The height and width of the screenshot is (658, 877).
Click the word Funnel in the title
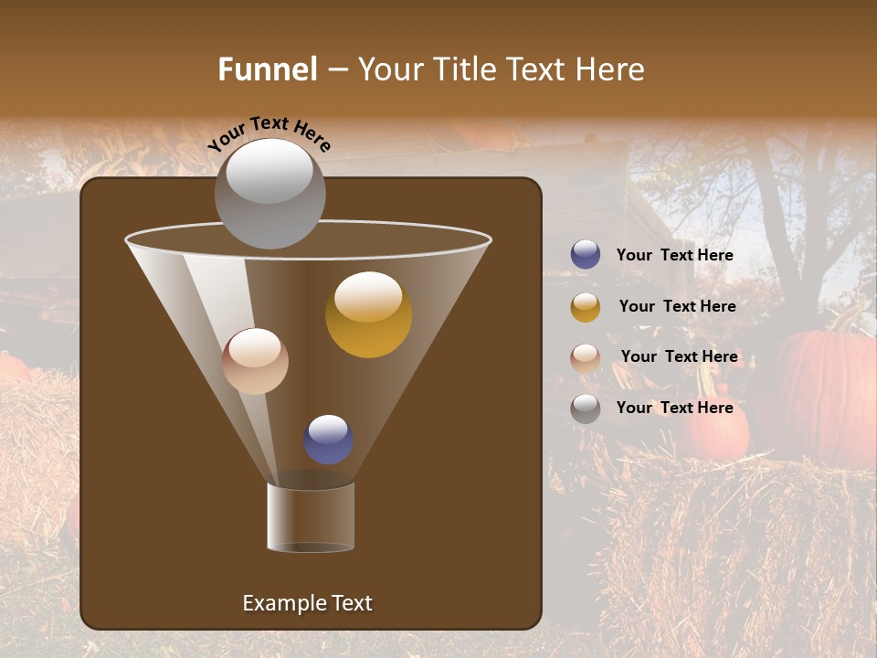click(267, 69)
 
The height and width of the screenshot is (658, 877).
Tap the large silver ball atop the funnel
click(269, 193)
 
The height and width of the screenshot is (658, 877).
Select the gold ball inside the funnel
click(368, 314)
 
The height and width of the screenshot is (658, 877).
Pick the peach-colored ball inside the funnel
click(255, 361)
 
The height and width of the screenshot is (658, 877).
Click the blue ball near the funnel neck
click(328, 439)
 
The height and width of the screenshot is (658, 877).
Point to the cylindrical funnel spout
click(311, 517)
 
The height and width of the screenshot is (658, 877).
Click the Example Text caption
click(307, 603)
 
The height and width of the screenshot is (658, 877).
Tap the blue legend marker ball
click(586, 255)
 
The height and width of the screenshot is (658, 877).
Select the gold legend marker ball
click(586, 307)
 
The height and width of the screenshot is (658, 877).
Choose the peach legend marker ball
click(586, 357)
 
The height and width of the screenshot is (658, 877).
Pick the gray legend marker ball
click(586, 409)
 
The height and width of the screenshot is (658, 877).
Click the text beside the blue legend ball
click(674, 256)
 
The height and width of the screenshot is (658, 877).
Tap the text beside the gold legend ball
click(677, 307)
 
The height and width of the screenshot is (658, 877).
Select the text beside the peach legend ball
click(679, 357)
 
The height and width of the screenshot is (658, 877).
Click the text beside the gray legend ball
click(674, 409)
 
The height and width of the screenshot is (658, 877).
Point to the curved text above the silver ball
click(269, 133)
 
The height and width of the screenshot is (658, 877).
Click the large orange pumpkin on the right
click(828, 393)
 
